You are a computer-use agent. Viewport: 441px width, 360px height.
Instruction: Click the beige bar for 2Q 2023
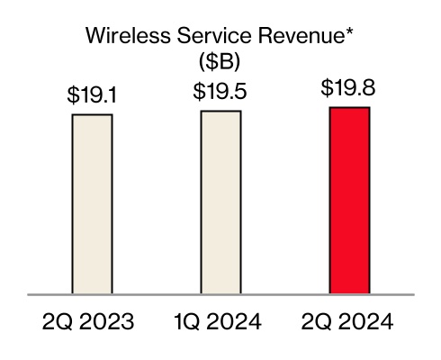click(x=92, y=203)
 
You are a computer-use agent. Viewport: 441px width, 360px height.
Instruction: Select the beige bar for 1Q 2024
click(x=220, y=202)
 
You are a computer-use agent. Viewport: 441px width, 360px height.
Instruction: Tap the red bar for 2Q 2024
click(x=349, y=200)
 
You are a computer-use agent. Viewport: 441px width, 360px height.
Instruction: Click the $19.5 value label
click(x=220, y=93)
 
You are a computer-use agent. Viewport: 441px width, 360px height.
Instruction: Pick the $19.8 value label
click(x=349, y=89)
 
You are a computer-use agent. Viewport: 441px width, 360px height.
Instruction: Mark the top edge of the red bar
click(x=349, y=108)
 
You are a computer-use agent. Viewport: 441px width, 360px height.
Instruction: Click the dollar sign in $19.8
click(x=326, y=89)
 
